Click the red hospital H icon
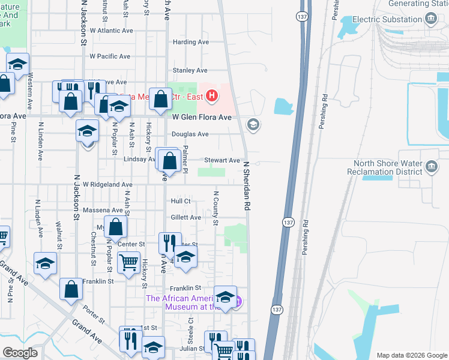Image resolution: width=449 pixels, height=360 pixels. point(211,95)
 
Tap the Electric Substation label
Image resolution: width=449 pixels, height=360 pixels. point(387,19)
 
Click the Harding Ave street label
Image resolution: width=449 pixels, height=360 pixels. point(190,42)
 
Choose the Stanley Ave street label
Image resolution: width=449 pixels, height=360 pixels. point(190,70)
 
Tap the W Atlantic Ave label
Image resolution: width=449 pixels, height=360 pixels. point(111,30)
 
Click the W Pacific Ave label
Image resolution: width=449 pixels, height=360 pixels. point(110,56)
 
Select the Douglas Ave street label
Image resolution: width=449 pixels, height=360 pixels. point(190,134)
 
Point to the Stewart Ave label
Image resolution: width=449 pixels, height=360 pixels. point(222,160)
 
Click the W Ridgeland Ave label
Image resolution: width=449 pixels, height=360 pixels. point(107,185)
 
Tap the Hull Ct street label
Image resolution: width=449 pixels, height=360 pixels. point(180,201)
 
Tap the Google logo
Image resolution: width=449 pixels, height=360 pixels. point(20,353)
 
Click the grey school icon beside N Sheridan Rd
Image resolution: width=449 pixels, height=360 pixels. point(253,124)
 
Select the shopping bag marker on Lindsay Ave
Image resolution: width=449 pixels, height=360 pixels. point(170,161)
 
